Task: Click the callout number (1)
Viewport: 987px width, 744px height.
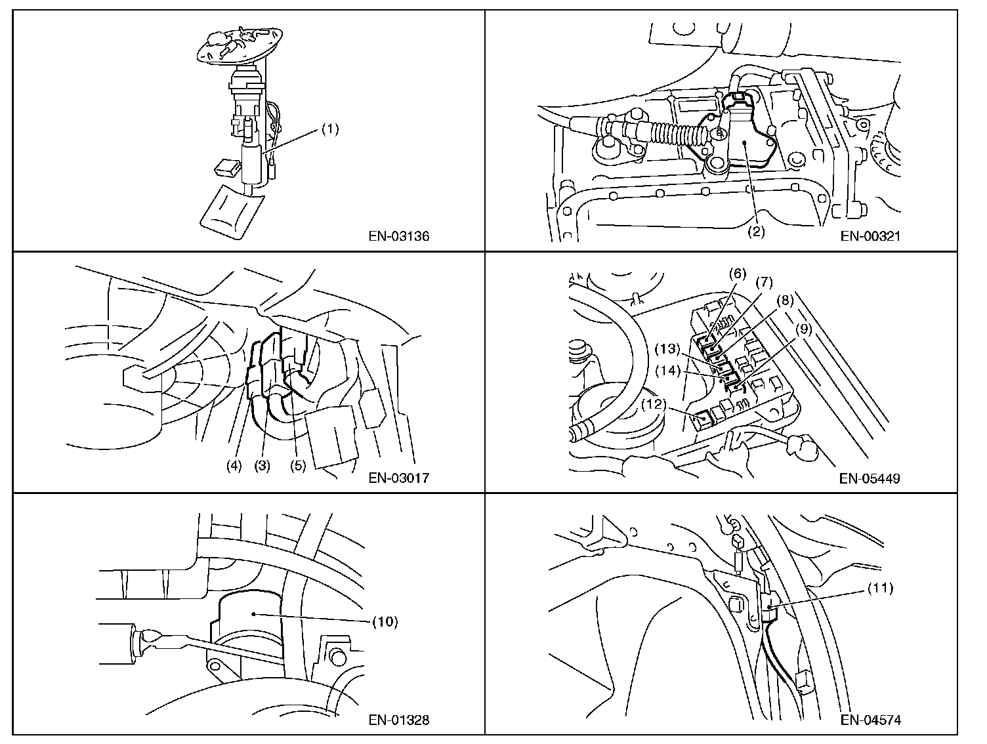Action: pyautogui.click(x=329, y=130)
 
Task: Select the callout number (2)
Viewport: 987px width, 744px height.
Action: pyautogui.click(x=757, y=232)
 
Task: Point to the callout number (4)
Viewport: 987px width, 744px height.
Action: pyautogui.click(x=234, y=466)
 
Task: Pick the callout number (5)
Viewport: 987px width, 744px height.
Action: pyautogui.click(x=299, y=466)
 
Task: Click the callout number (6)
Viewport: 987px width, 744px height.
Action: pyautogui.click(x=737, y=274)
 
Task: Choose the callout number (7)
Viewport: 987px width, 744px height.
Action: pyautogui.click(x=764, y=283)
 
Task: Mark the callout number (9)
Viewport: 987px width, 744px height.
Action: pyautogui.click(x=803, y=330)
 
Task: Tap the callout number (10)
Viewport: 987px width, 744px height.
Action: pyautogui.click(x=385, y=621)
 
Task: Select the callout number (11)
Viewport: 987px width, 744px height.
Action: pyautogui.click(x=880, y=588)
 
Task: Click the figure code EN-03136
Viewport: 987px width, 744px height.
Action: pyautogui.click(x=398, y=236)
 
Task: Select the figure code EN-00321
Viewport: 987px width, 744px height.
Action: pyautogui.click(x=870, y=236)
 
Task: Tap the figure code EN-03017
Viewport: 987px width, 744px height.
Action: pyautogui.click(x=398, y=478)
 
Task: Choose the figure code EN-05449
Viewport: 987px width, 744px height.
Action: pyautogui.click(x=870, y=478)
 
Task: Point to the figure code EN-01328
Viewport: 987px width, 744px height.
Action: pyautogui.click(x=398, y=720)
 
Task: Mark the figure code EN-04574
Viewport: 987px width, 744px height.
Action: pyautogui.click(x=870, y=720)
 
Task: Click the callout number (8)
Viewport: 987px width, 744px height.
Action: pyautogui.click(x=785, y=300)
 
